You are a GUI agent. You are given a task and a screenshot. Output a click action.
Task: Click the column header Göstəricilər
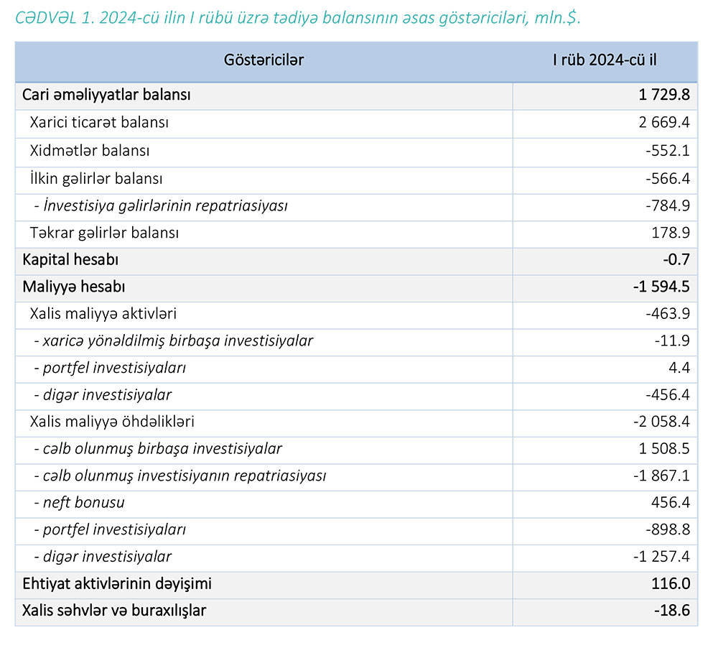(264, 60)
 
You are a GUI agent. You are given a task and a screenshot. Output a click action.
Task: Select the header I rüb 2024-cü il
(605, 60)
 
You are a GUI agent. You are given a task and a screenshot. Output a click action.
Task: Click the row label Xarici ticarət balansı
(99, 123)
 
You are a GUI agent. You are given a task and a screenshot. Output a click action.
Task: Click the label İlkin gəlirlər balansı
(96, 178)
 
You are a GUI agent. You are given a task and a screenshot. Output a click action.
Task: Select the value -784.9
(668, 206)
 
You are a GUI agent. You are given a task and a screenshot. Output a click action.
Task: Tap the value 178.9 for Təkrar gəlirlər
(671, 233)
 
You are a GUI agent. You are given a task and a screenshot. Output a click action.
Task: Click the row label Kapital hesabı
(70, 259)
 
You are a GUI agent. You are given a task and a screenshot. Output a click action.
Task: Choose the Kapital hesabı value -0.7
(676, 259)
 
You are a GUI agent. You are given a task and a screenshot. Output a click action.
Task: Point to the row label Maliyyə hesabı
(74, 287)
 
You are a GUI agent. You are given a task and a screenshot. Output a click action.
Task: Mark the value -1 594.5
(661, 287)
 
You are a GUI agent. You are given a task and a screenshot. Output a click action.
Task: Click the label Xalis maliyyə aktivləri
(103, 314)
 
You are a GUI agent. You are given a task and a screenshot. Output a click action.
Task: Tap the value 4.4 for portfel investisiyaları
(679, 368)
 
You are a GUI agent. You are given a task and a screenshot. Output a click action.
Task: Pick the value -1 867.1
(661, 476)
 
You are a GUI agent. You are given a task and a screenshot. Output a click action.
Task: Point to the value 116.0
(672, 584)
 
